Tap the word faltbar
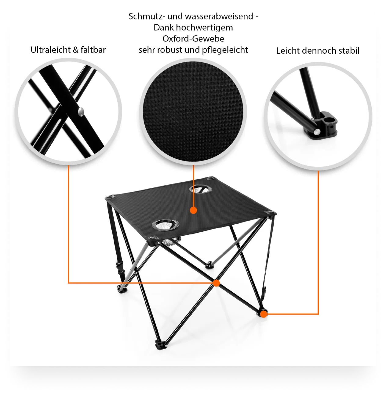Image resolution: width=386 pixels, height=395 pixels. click(93, 50)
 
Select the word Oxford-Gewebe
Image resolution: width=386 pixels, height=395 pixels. click(193, 39)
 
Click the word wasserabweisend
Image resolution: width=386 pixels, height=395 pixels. click(210, 16)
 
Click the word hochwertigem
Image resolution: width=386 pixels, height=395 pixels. click(204, 28)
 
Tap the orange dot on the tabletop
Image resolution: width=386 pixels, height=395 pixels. click(193, 210)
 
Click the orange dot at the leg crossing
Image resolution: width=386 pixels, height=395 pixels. click(216, 283)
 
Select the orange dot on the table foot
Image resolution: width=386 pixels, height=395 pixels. click(264, 314)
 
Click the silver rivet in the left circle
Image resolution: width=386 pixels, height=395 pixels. click(81, 112)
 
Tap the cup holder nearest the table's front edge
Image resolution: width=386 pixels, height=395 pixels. click(166, 225)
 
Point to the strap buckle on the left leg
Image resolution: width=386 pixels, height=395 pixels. click(120, 268)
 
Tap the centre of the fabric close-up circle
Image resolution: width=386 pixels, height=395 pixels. click(193, 111)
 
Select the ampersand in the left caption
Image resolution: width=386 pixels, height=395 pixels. click(76, 50)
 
